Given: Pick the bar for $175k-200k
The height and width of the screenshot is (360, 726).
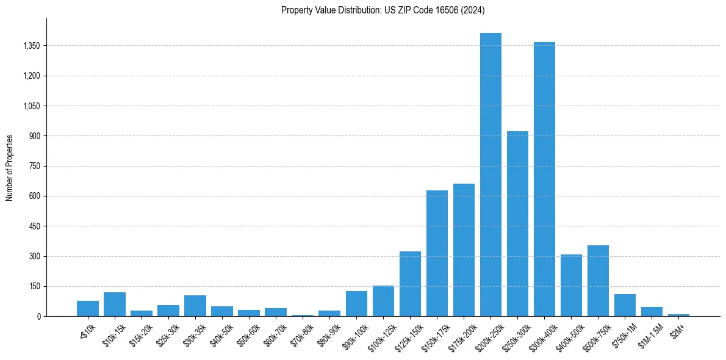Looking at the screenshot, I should pyautogui.click(x=464, y=250).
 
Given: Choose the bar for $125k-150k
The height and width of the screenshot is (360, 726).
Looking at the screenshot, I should pyautogui.click(x=410, y=284).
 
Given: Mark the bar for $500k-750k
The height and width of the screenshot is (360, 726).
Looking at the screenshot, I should pyautogui.click(x=598, y=281).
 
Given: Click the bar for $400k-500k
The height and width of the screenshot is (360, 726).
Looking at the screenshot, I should pyautogui.click(x=571, y=285).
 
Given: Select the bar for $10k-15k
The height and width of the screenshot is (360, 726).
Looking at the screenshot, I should pyautogui.click(x=115, y=304).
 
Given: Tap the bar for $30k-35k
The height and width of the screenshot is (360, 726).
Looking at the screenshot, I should pyautogui.click(x=195, y=306).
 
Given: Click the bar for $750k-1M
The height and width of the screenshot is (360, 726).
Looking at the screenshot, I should pyautogui.click(x=625, y=305).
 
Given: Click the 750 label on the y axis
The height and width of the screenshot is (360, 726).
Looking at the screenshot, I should pyautogui.click(x=34, y=166).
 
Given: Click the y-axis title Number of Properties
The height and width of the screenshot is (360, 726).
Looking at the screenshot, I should pyautogui.click(x=9, y=168).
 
